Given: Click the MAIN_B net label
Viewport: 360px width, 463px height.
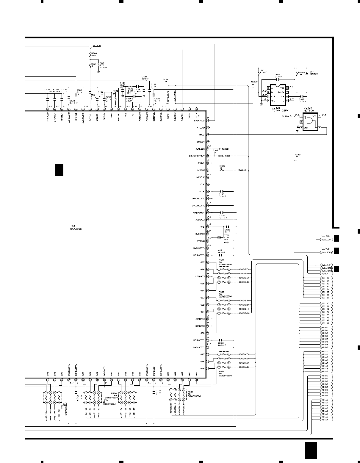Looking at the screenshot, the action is [x=96, y=46].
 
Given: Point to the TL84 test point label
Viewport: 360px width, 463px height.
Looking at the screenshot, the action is [x=166, y=79].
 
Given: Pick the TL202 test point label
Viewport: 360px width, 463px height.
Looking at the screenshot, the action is [x=225, y=149].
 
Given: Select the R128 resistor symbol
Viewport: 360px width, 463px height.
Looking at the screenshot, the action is [x=222, y=170].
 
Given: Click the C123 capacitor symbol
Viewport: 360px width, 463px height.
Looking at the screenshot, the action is [x=222, y=191].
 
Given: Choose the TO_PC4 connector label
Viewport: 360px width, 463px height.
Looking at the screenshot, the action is [x=324, y=236].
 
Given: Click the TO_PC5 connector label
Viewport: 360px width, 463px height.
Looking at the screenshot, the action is [x=324, y=248].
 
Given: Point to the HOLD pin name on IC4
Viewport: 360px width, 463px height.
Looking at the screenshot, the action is [x=201, y=135].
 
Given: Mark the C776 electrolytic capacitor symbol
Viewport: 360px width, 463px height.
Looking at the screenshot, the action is [x=220, y=237].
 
